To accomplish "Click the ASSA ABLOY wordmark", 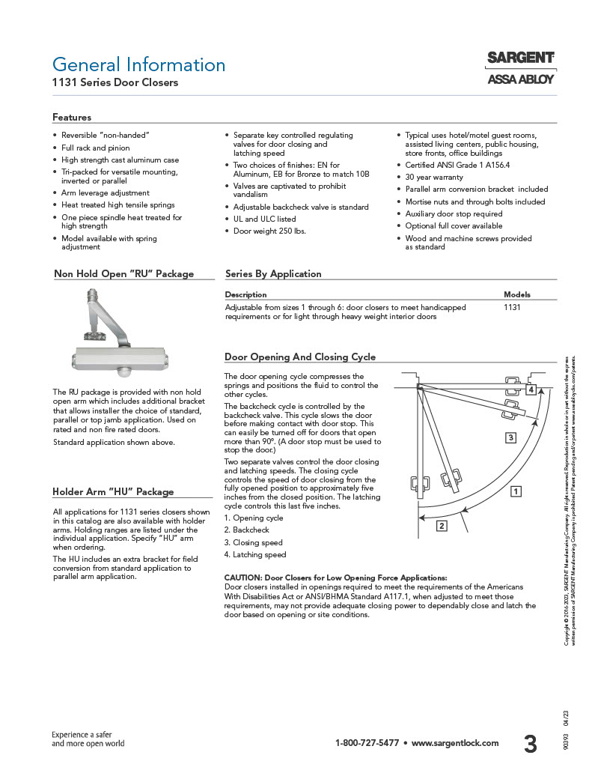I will point(520,78).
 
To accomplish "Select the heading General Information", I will point(138,64).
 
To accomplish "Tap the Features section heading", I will point(72,118).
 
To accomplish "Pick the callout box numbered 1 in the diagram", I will point(516,491).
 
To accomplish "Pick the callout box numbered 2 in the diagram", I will point(442,526).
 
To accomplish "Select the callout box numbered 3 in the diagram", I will point(510,437).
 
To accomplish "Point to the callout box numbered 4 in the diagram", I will point(531,390).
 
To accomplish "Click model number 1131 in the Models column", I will point(513,307).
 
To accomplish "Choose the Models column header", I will point(517,295).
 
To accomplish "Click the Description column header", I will point(245,295).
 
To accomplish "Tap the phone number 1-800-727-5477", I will point(367,743).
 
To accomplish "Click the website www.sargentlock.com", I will point(455,743).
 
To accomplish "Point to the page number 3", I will point(530,744).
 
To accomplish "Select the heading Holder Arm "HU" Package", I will point(113,492).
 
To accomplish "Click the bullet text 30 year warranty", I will point(434,178).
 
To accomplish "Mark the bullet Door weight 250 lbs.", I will point(269,231).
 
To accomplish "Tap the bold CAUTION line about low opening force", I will point(335,578).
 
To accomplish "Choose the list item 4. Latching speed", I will point(255,555).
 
